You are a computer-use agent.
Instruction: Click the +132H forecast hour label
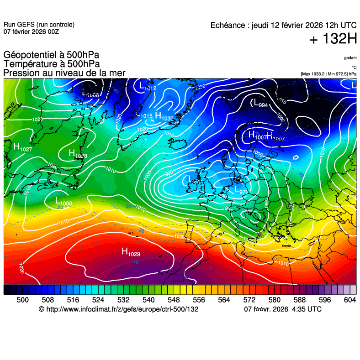[333, 39]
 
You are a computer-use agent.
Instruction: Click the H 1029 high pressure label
[130, 252]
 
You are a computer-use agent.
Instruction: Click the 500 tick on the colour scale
[23, 299]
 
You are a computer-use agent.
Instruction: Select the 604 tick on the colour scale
[349, 299]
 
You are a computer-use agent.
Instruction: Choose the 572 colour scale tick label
[249, 299]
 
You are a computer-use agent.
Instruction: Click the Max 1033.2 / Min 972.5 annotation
[328, 73]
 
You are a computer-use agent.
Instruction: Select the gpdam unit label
[350, 58]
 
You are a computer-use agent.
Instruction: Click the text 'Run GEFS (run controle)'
[39, 25]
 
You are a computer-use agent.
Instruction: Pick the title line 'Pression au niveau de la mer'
[64, 73]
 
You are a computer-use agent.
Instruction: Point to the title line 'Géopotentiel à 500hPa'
[51, 56]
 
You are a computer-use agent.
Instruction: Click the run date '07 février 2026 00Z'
[31, 31]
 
